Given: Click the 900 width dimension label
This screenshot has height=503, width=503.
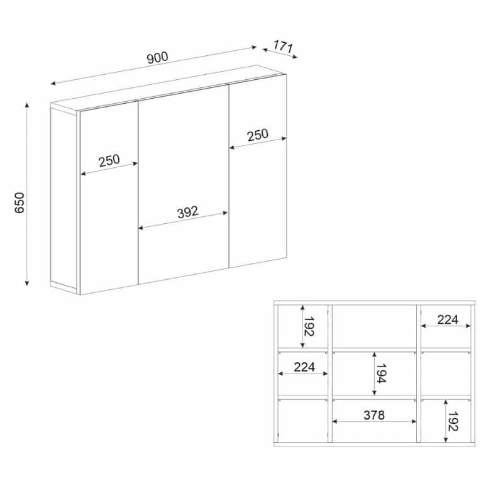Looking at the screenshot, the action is coord(158,57).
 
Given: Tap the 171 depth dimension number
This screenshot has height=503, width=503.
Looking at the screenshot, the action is coord(284,47).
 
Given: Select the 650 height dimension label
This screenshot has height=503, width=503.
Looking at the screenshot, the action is coord(19,202).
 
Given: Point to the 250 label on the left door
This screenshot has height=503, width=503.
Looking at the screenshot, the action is coord(109,161).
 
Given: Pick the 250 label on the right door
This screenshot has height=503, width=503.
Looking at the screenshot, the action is coord(258,135).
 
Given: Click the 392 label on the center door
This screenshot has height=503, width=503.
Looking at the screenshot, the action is coord(188,212).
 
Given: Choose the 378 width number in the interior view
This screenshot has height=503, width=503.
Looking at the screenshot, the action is coord(374,415).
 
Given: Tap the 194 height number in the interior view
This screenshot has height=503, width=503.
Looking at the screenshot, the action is coord(381,373).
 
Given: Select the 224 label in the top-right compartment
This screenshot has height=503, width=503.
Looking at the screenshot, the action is coord(448,319).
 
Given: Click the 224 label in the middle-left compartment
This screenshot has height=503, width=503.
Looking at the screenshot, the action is coord(304,367).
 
